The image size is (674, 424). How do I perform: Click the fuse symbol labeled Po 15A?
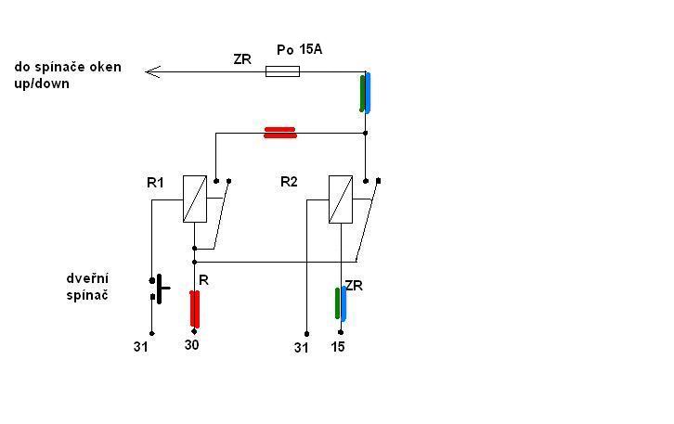282,71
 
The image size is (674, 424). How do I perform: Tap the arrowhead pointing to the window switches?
154,71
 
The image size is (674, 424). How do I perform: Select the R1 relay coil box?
194,199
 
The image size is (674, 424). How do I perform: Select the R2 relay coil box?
341,199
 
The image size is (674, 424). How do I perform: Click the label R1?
155,183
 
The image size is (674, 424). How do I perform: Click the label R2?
289,182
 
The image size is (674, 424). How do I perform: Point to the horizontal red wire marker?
280,133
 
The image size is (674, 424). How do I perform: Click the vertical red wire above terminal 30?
195,308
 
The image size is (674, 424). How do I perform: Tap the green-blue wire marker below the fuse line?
366,93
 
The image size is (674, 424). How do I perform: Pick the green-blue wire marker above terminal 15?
341,304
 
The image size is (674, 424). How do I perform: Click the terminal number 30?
192,345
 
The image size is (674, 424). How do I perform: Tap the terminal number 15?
338,347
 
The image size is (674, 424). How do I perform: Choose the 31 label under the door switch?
140,347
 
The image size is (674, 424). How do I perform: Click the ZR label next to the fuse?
242,59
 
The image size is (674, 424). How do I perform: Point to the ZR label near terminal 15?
353,286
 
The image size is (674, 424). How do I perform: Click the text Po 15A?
300,49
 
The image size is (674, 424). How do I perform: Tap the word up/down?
42,84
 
